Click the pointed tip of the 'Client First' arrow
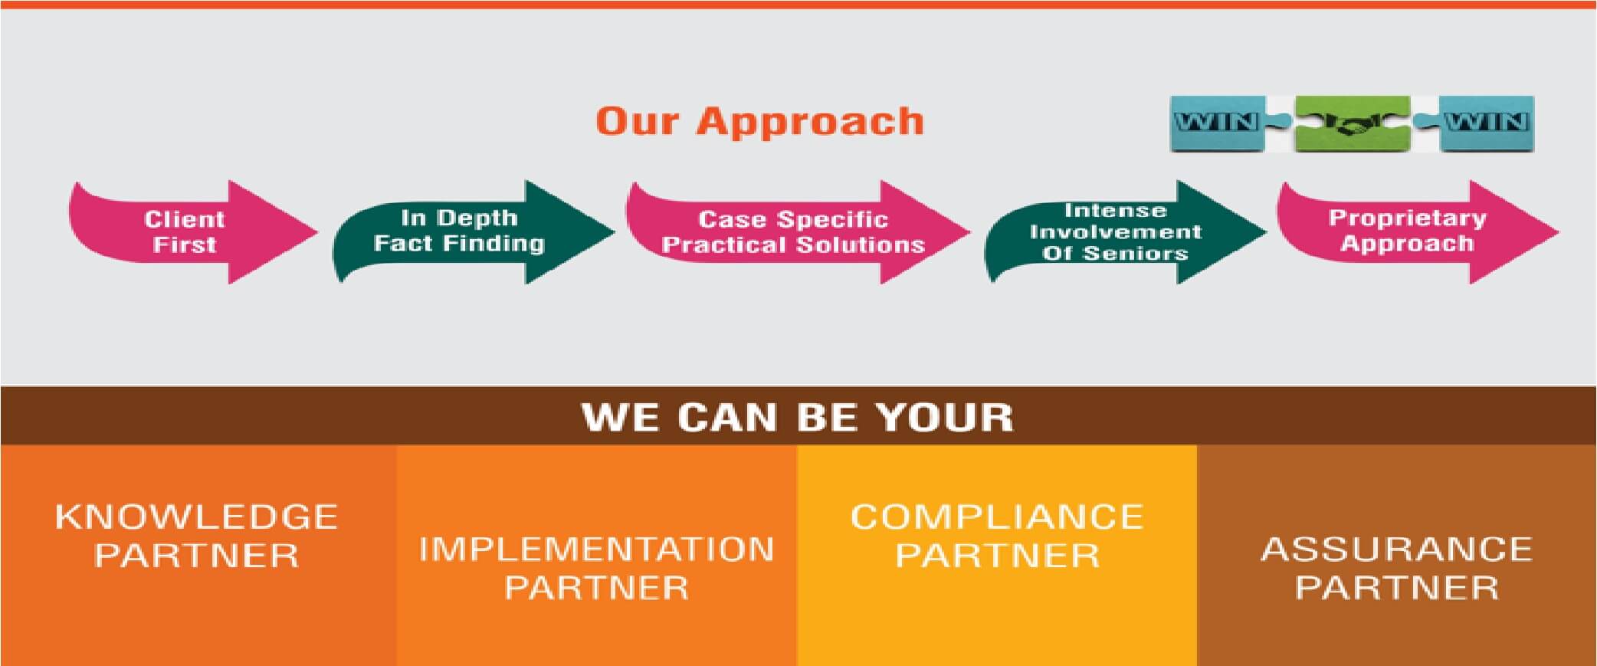[317, 231]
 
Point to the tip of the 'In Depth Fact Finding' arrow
[615, 231]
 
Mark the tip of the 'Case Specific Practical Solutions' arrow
[970, 231]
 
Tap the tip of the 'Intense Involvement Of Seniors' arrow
[1266, 231]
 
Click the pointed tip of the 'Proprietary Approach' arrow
[1559, 231]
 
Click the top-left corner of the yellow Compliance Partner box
[797, 445]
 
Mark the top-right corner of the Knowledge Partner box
[397, 445]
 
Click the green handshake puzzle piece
[1352, 123]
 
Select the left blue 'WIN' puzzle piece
[1217, 123]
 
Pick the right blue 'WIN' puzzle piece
[1487, 123]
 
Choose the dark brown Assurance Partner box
[1397, 556]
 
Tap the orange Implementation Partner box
[597, 556]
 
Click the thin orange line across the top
[798, 5]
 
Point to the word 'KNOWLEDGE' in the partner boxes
[197, 517]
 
